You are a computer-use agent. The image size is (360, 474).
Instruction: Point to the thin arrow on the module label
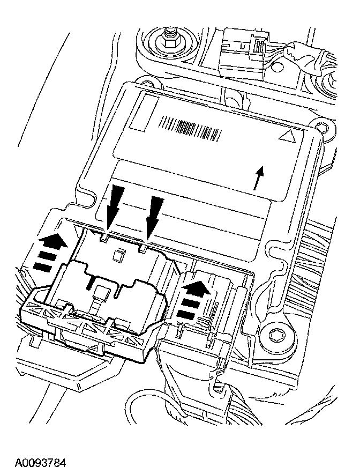260,178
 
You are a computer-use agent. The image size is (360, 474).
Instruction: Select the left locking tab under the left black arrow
106,236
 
